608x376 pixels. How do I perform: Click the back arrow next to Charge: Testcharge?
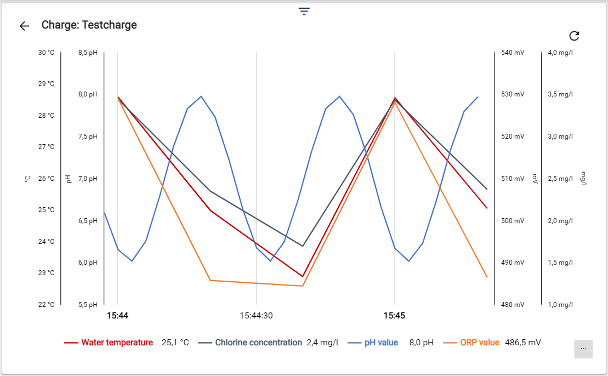click(x=24, y=26)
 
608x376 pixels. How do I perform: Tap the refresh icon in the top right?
click(x=574, y=36)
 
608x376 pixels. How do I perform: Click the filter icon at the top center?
click(x=304, y=12)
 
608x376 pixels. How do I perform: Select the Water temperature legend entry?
click(x=117, y=343)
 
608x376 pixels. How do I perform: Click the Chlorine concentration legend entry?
click(x=258, y=343)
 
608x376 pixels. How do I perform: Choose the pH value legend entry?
click(x=381, y=343)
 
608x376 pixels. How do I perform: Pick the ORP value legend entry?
click(x=479, y=343)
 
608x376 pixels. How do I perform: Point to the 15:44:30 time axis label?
click(x=256, y=316)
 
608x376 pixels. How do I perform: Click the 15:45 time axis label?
click(x=394, y=316)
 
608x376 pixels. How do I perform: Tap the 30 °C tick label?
click(x=46, y=53)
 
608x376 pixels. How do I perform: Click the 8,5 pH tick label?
click(x=88, y=53)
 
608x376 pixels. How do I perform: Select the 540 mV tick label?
click(x=513, y=53)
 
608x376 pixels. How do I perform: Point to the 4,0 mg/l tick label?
click(x=560, y=53)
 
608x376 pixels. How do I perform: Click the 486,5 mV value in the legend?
click(x=523, y=343)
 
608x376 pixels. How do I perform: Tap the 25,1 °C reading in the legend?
click(x=175, y=343)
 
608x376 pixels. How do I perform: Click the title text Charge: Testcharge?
click(x=89, y=25)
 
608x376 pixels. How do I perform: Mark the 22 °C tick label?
click(x=46, y=305)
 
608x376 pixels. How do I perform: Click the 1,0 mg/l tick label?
click(x=560, y=305)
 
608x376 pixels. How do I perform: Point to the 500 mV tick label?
click(x=513, y=221)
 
